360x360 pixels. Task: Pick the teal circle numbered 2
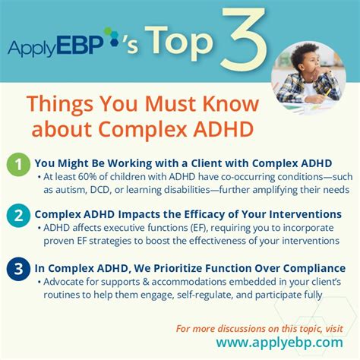tap(16, 216)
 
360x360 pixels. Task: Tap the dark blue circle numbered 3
tap(16, 268)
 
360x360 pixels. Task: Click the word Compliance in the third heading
tap(309, 267)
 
